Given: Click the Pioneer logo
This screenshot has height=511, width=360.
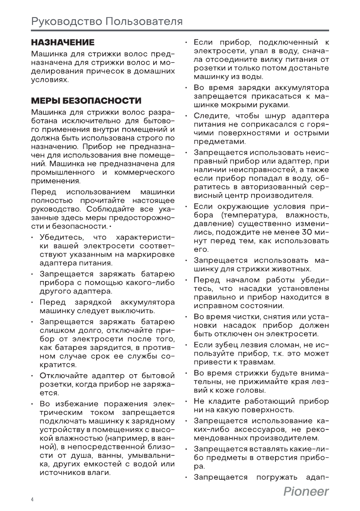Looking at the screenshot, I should coord(306,492).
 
